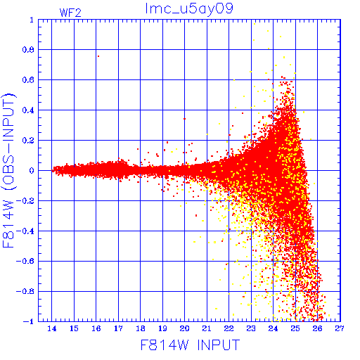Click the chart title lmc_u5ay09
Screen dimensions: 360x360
pos(189,9)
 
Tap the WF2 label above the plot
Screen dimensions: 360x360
pos(70,13)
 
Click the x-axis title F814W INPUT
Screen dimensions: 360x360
pos(191,345)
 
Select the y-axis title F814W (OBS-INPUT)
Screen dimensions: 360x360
pos(8,170)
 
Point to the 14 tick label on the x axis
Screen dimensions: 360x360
pos(52,328)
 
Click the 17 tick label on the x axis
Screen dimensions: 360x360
pos(118,328)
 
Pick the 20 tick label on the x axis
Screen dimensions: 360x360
pos(184,328)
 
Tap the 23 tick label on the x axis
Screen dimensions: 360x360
pos(251,328)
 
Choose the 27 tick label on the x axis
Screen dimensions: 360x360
pos(340,328)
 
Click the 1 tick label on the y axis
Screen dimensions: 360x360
pos(32,20)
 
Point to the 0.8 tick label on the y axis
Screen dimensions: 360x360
pos(28,50)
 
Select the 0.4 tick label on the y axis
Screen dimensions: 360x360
pos(28,110)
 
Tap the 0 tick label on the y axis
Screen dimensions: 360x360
pos(32,171)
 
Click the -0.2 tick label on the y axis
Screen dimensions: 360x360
pos(25,201)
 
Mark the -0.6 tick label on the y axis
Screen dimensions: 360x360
pos(25,261)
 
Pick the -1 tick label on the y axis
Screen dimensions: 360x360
pos(28,321)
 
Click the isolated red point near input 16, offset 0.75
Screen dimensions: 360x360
pos(98,56)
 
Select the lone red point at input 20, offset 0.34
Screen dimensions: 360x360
pos(184,119)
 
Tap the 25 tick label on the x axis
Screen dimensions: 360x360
pos(295,328)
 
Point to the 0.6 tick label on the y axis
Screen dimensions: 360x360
pos(28,80)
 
